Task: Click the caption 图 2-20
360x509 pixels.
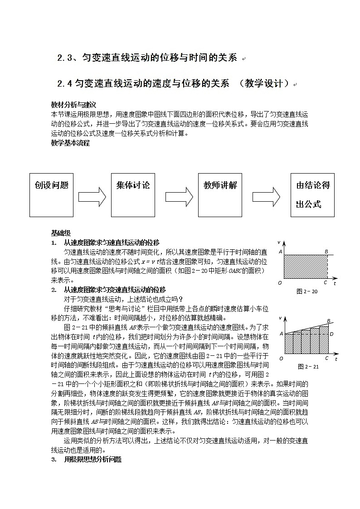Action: coord(307,291)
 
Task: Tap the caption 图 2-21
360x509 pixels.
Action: coord(308,367)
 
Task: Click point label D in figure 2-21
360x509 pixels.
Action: coord(331,334)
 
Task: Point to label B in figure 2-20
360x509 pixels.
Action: coord(326,252)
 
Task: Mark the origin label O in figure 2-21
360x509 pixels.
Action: coord(281,359)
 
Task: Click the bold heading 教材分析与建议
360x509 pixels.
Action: coord(73,104)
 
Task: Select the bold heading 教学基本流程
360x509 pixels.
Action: coord(70,143)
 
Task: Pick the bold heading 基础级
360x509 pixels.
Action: coord(60,233)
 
